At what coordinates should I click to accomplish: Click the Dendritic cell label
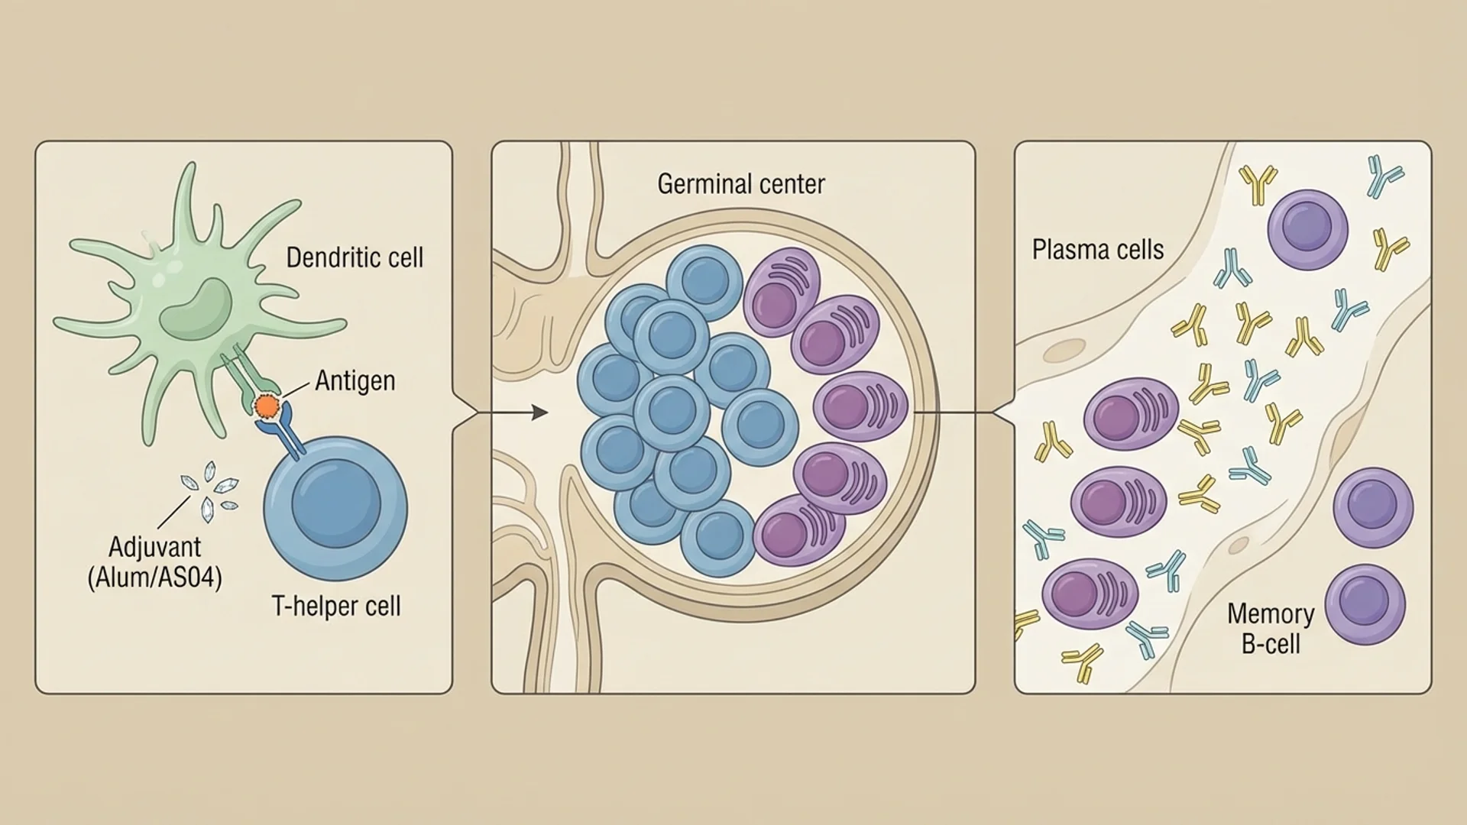click(x=354, y=257)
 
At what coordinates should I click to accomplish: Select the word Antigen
click(x=355, y=380)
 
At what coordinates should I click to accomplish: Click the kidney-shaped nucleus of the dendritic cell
click(x=196, y=309)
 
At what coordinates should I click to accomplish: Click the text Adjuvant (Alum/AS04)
click(x=155, y=562)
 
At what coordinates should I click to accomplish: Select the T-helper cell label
click(x=336, y=607)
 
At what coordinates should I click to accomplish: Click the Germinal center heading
click(x=740, y=184)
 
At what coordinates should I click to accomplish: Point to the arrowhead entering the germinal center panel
click(x=540, y=413)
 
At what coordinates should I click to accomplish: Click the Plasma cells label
click(x=1097, y=250)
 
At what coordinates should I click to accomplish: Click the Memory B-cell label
click(x=1270, y=629)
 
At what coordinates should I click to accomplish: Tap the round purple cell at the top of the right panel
click(x=1307, y=230)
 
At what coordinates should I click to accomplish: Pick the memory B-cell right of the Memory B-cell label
click(x=1365, y=604)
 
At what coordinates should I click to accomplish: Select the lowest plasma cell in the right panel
click(x=1090, y=594)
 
